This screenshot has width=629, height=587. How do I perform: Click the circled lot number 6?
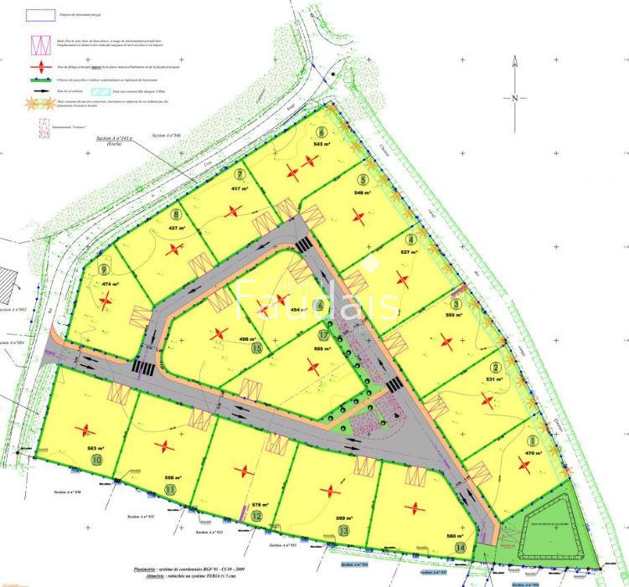322,132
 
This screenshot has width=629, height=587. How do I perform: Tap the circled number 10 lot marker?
97,460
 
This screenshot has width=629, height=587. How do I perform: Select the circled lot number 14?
460,548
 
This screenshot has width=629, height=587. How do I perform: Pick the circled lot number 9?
104,270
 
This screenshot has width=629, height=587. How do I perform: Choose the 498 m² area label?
247,339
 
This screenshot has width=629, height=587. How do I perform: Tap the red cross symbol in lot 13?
333,491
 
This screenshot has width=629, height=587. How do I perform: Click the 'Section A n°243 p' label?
115,137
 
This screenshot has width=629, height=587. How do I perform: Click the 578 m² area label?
260,505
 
